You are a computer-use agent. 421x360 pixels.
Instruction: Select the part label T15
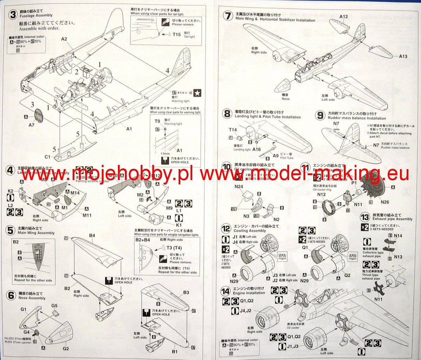pyautogui.click(x=176, y=35)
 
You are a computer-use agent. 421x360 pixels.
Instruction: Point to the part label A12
pyautogui.click(x=343, y=16)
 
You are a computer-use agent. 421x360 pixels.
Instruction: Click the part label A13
pyautogui.click(x=403, y=56)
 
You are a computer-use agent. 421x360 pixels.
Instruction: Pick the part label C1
pyautogui.click(x=47, y=157)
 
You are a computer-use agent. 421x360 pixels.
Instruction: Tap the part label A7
pyautogui.click(x=32, y=125)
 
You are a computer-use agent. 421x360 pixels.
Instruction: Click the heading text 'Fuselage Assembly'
pyautogui.click(x=36, y=15)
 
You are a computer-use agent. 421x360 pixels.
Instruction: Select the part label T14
pyautogui.click(x=233, y=130)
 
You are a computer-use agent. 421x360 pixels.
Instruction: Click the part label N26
pyautogui.click(x=385, y=202)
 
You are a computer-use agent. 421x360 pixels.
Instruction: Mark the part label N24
pyautogui.click(x=239, y=187)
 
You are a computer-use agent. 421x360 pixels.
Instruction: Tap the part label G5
pyautogui.click(x=54, y=306)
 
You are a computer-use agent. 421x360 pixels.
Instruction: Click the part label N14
pyautogui.click(x=398, y=236)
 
